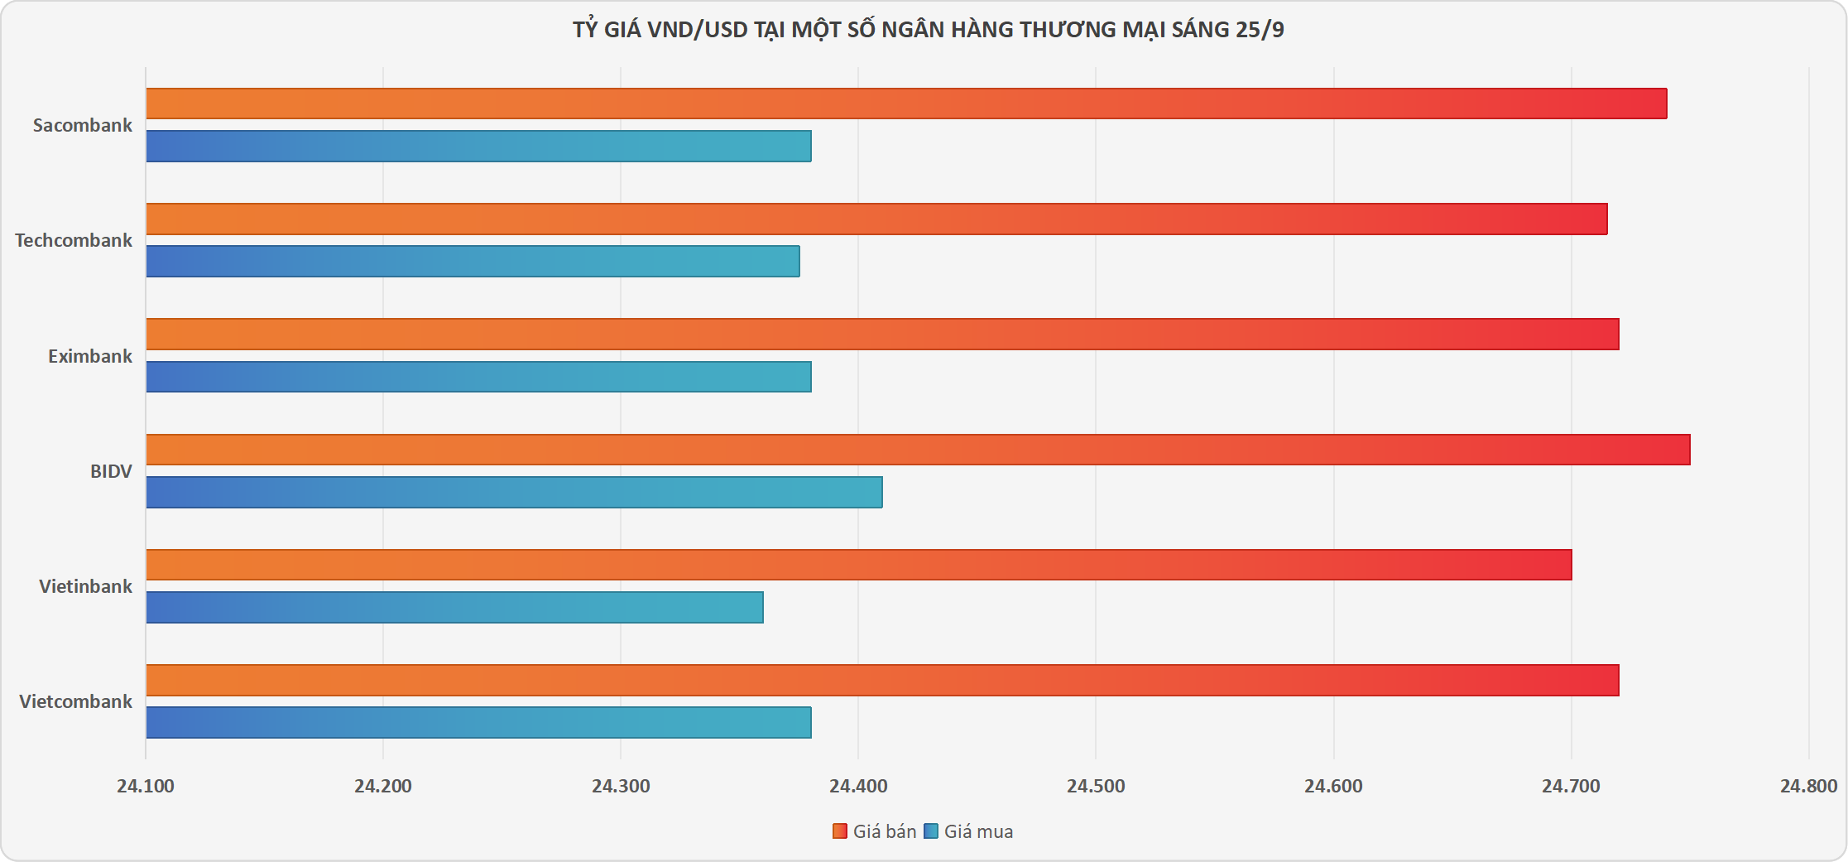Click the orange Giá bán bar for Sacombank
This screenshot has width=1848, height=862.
click(x=906, y=104)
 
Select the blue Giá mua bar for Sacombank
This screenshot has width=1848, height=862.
click(x=478, y=146)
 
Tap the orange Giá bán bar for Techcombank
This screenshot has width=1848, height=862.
click(x=876, y=219)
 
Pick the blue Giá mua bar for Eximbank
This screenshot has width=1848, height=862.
click(x=478, y=377)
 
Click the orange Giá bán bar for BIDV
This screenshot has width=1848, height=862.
click(x=918, y=450)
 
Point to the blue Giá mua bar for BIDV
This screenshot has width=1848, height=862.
click(x=514, y=492)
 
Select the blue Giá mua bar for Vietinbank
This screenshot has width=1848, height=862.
click(x=454, y=607)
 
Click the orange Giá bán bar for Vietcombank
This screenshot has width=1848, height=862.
click(x=882, y=680)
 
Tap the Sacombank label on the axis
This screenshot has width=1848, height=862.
click(x=83, y=125)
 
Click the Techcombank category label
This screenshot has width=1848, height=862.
click(x=74, y=240)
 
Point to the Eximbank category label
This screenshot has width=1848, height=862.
click(x=89, y=356)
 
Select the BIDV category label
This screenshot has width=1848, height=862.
click(x=111, y=471)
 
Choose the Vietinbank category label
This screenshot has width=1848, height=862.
click(x=85, y=586)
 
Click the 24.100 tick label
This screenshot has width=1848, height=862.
click(x=146, y=786)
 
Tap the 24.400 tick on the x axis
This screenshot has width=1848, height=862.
click(x=858, y=786)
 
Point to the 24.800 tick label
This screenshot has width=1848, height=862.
click(x=1808, y=786)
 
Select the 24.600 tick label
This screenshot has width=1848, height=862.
click(x=1333, y=786)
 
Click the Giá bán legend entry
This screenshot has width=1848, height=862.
click(x=875, y=831)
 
